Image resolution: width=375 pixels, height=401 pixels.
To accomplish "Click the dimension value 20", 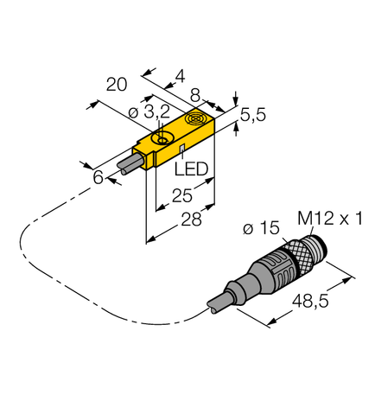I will coord(116,84).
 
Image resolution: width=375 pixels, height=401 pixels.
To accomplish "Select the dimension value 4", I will coord(179,76).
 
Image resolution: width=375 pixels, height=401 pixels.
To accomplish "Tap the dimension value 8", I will coord(196,96).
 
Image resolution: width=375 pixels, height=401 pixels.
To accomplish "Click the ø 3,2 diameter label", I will coord(137,112).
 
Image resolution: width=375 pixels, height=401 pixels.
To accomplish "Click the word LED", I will coord(193,169).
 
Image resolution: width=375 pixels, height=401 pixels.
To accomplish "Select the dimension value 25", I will coord(180,197).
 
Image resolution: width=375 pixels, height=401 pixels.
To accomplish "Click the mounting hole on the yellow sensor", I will coord(160,138).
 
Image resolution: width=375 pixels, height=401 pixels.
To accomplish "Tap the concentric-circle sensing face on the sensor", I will coord(195,120).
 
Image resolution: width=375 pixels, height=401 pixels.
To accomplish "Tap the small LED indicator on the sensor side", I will coord(181,150).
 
